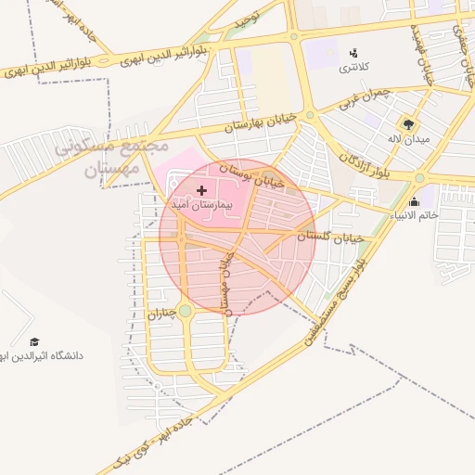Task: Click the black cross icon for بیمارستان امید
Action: click(x=202, y=189)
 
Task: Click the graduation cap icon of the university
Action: click(x=34, y=341)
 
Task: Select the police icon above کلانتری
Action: click(x=353, y=53)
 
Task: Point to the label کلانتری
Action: click(x=352, y=67)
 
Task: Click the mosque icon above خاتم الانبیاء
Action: click(x=413, y=201)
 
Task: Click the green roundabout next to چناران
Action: click(x=186, y=311)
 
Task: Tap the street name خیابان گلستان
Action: click(x=333, y=237)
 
